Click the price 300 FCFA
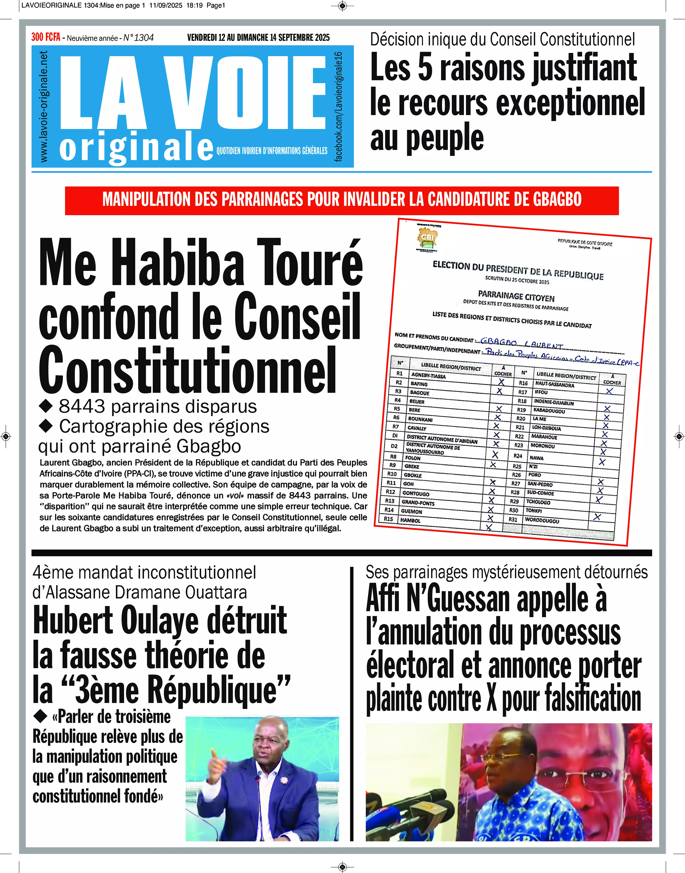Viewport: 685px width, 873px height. tap(46, 37)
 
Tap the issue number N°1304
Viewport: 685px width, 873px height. tap(138, 38)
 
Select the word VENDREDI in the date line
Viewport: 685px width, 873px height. tap(202, 38)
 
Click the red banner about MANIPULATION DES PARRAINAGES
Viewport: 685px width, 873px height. tap(342, 199)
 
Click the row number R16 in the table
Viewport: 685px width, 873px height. tap(523, 383)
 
